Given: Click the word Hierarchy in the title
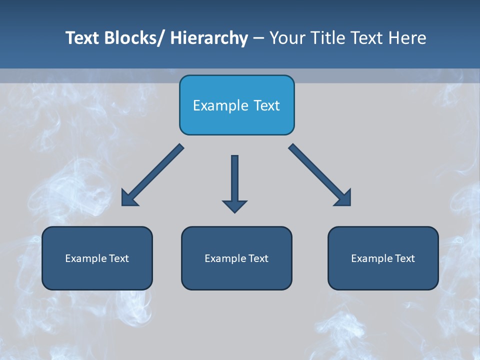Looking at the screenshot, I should pyautogui.click(x=209, y=38).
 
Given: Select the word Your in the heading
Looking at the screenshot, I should pyautogui.click(x=285, y=38).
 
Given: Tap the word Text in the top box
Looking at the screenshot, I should pyautogui.click(x=266, y=106).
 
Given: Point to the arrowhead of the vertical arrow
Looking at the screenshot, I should pyautogui.click(x=234, y=205).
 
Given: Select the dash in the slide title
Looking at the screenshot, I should pyautogui.click(x=258, y=38).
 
